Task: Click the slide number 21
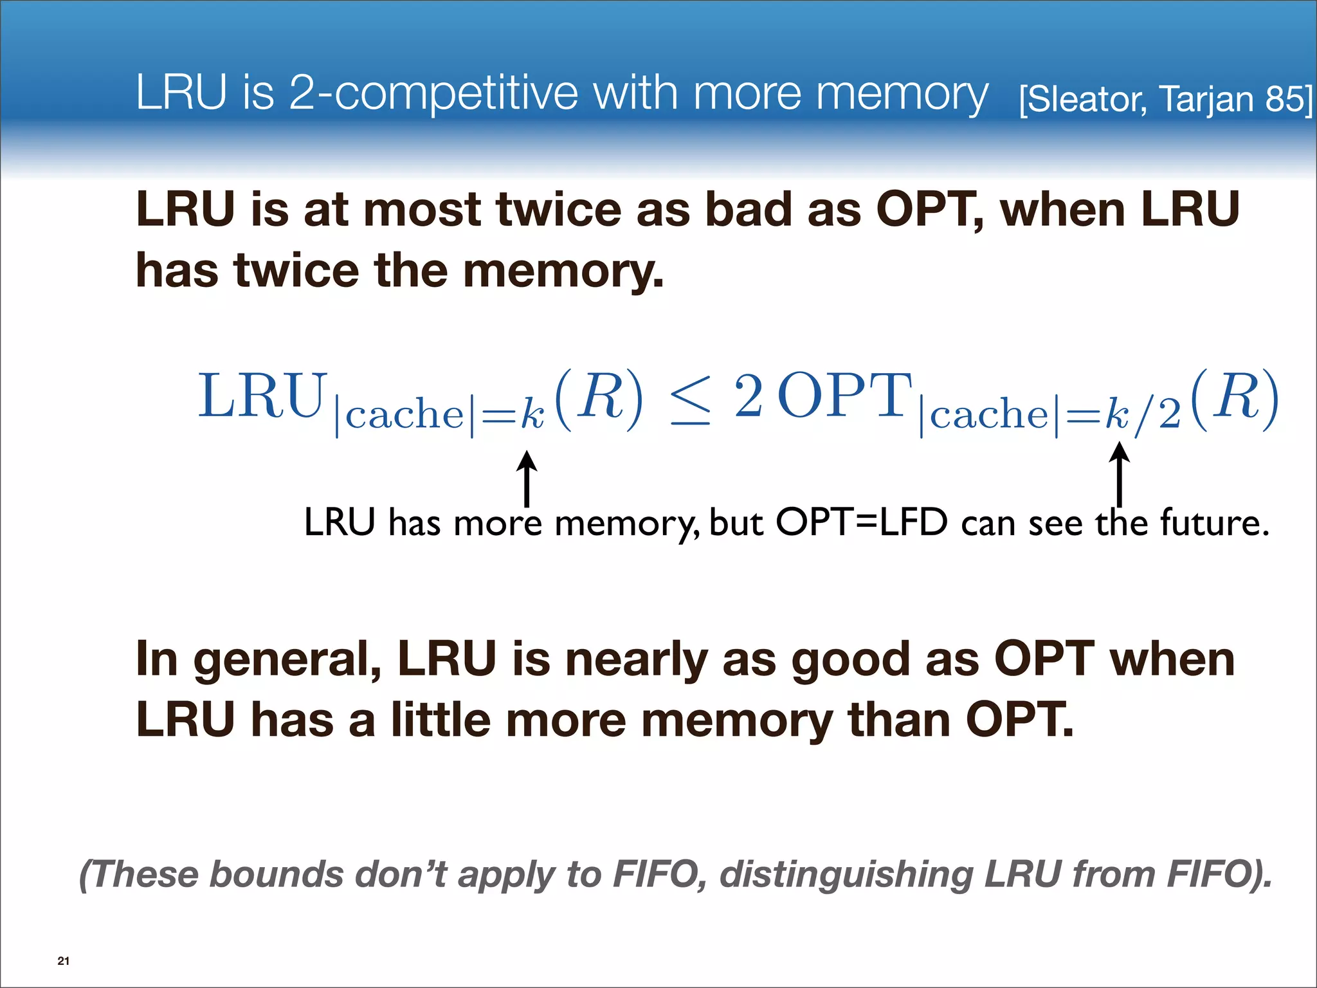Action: tap(63, 961)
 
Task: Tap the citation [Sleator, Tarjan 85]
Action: tap(1165, 99)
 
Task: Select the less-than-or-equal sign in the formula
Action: tap(691, 400)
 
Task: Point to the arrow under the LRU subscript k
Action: tap(527, 479)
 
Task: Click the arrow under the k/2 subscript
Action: tap(1119, 474)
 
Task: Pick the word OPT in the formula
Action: tap(845, 396)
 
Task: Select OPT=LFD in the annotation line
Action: tap(862, 522)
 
